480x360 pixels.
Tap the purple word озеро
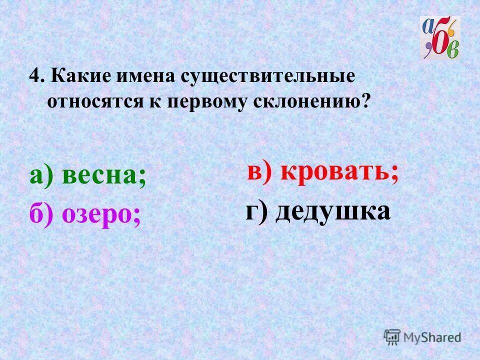point(101,214)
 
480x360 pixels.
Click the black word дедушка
point(332,212)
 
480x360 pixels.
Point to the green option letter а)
point(41,176)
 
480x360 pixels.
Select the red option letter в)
point(260,172)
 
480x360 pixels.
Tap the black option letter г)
point(257,212)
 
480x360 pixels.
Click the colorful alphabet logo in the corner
point(440,38)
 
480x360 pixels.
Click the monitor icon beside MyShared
point(392,337)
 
